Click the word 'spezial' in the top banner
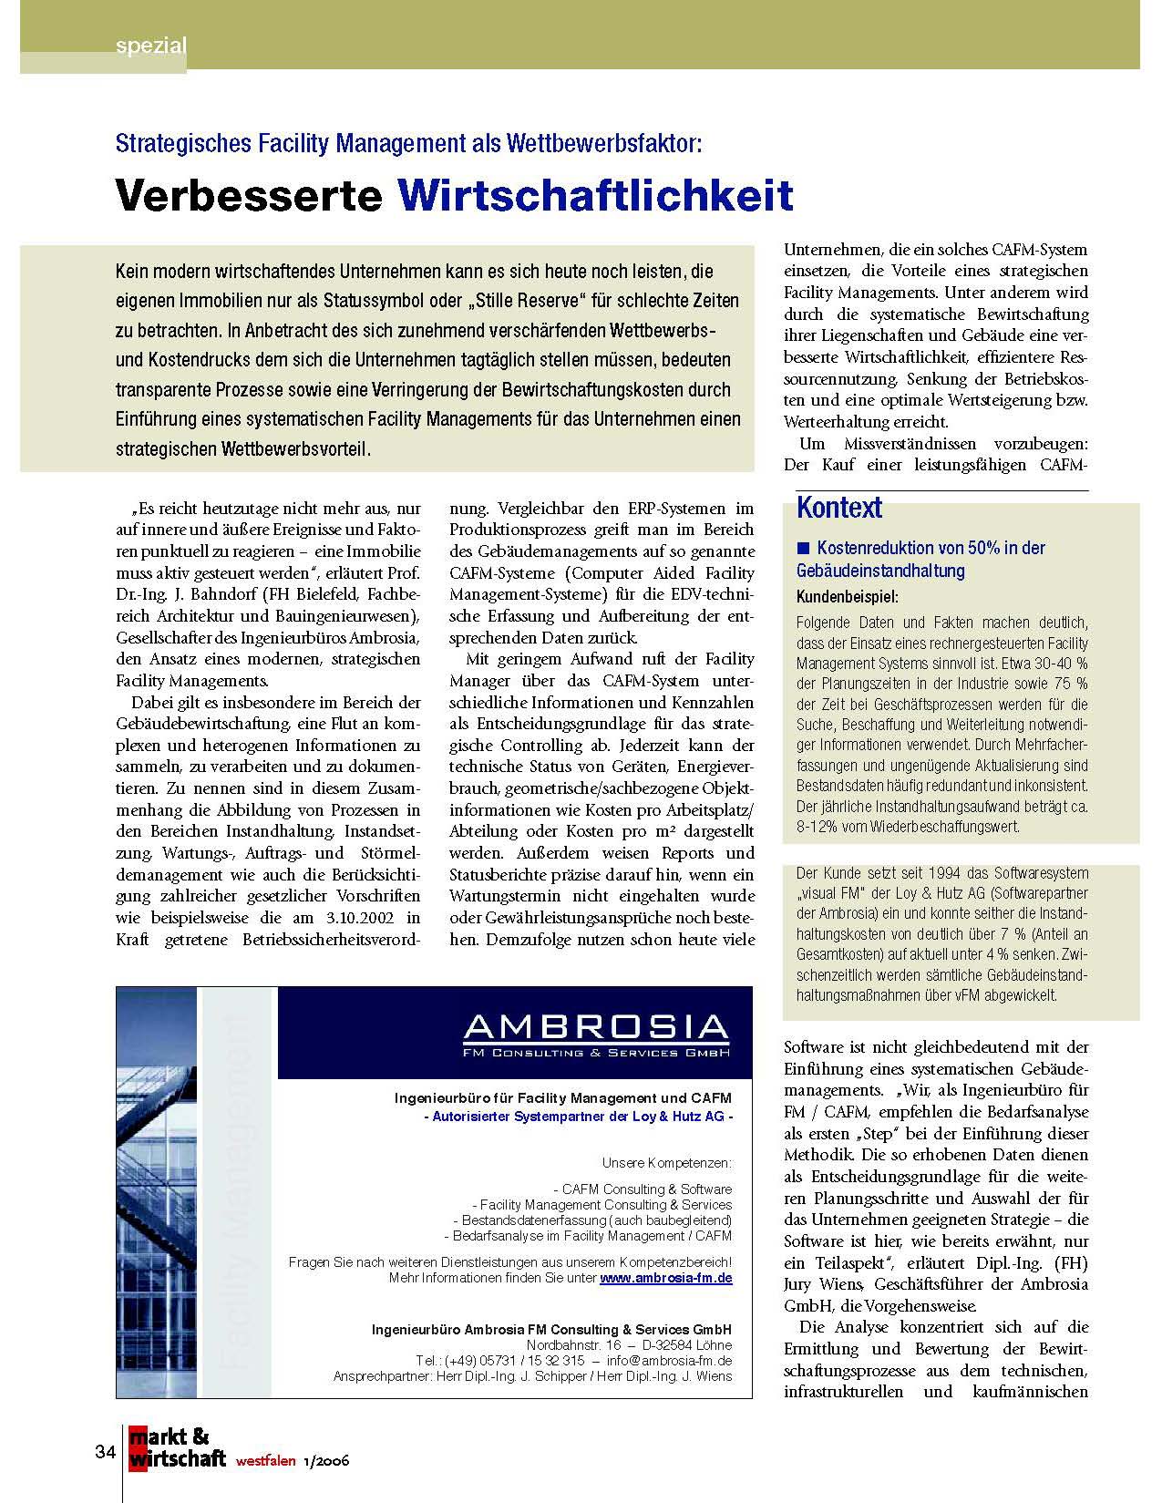151,46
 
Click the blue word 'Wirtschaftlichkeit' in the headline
596,194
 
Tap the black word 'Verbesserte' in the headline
248,194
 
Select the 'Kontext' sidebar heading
839,508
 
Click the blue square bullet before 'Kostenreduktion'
803,548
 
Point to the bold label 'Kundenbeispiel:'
847,598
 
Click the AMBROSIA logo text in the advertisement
596,1027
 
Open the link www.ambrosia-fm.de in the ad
666,1278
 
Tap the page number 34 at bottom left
105,1451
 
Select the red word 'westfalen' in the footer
265,1461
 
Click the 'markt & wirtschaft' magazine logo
177,1448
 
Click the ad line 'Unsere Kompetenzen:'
666,1163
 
